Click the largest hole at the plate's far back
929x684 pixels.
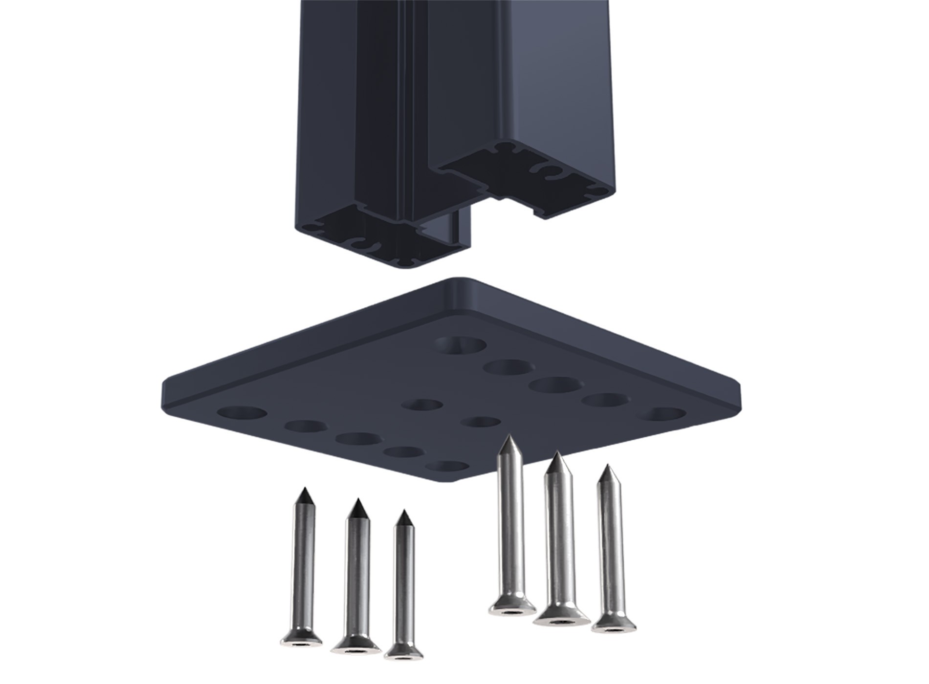pos(461,345)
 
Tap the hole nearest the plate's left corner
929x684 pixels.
pos(242,413)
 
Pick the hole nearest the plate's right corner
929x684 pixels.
pos(663,415)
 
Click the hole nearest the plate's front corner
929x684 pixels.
pos(446,466)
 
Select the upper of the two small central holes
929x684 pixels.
pos(422,405)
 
